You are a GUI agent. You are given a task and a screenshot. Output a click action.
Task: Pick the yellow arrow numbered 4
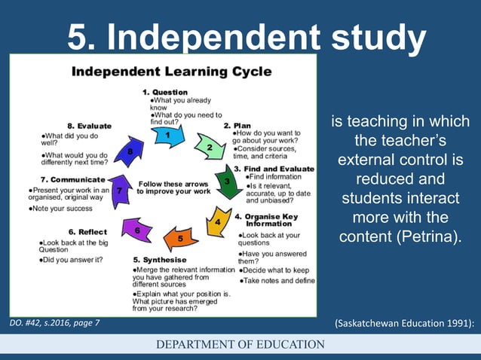(x=216, y=221)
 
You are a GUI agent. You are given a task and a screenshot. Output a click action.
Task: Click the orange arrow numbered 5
(x=180, y=238)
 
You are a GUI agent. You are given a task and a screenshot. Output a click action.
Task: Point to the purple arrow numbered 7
(x=119, y=191)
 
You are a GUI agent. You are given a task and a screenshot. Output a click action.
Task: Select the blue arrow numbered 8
(x=131, y=152)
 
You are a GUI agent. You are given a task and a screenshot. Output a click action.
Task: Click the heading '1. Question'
(x=165, y=92)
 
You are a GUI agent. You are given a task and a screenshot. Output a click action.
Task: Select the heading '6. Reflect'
(x=87, y=232)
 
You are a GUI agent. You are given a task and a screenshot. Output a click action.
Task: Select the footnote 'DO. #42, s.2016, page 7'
(x=54, y=324)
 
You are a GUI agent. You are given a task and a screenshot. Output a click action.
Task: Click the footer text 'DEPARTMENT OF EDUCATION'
(x=240, y=345)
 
